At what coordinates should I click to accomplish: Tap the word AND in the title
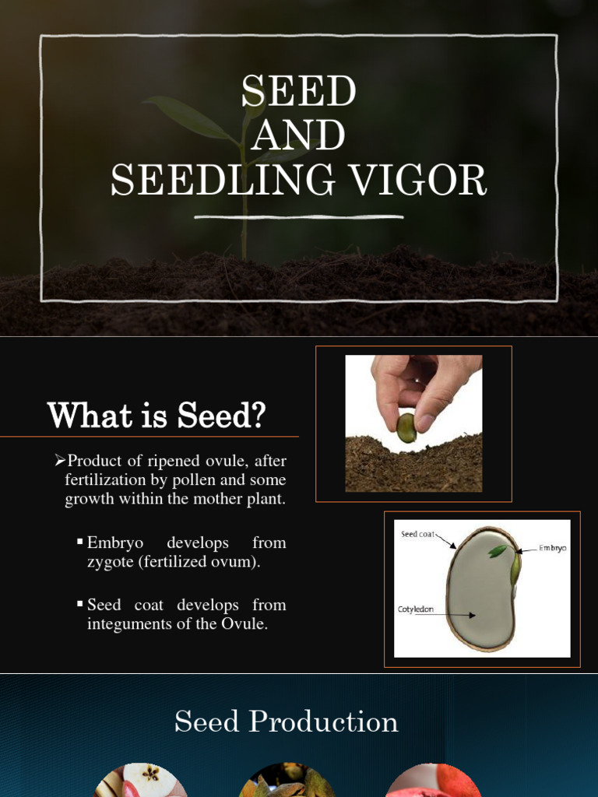click(299, 136)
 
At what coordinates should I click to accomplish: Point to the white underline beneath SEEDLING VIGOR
click(299, 217)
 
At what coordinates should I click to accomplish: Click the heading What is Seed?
click(157, 416)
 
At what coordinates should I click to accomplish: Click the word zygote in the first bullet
click(111, 561)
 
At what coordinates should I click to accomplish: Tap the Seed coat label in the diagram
click(417, 535)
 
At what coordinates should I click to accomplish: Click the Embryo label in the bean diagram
click(552, 548)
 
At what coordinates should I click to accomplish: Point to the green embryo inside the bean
click(499, 551)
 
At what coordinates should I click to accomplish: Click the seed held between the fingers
click(406, 427)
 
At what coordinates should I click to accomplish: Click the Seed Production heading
click(287, 722)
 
